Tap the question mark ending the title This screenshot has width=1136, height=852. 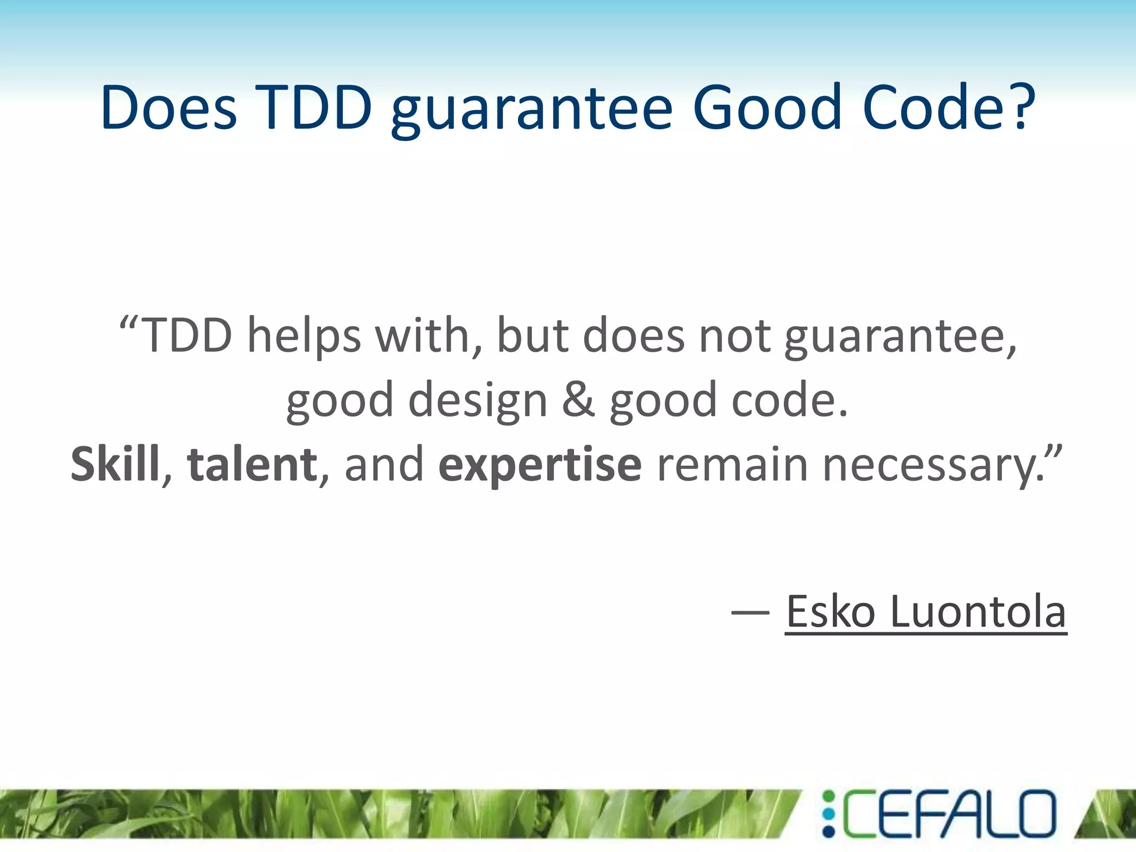(1021, 107)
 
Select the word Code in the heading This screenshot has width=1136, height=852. (936, 107)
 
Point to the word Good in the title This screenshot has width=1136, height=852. (767, 107)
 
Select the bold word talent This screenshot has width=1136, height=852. (252, 464)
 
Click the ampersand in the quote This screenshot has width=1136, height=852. (579, 399)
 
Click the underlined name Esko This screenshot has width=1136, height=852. (831, 611)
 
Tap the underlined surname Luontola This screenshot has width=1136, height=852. (978, 611)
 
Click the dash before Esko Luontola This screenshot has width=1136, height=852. (750, 612)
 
